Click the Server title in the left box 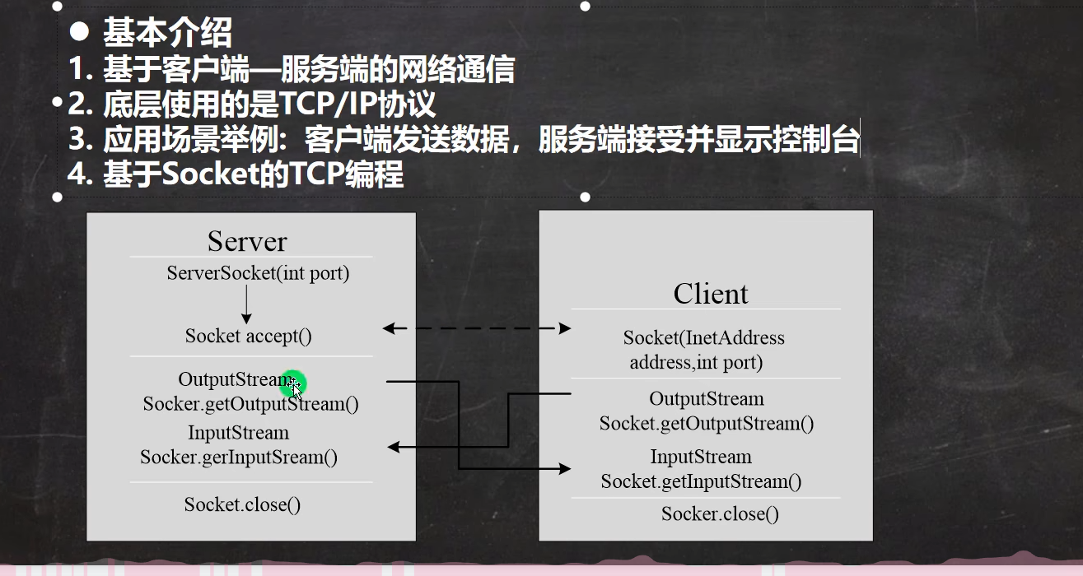[247, 241]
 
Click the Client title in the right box [711, 294]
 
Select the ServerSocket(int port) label [258, 273]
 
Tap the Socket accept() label [248, 336]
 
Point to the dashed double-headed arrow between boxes [477, 328]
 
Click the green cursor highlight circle [292, 383]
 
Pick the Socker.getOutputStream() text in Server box [251, 404]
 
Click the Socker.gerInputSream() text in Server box [239, 458]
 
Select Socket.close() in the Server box [242, 504]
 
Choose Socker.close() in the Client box [720, 514]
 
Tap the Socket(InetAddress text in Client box [704, 337]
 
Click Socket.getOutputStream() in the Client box [707, 424]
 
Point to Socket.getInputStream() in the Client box [701, 481]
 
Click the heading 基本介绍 [167, 34]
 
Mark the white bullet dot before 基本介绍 [79, 32]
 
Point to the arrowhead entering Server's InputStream [393, 447]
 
